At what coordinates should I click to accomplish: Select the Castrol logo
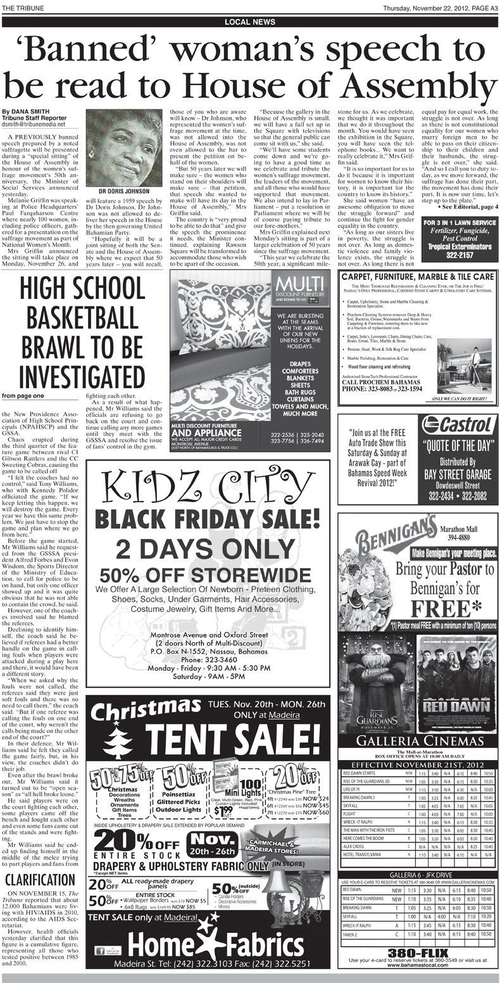tap(458, 424)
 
